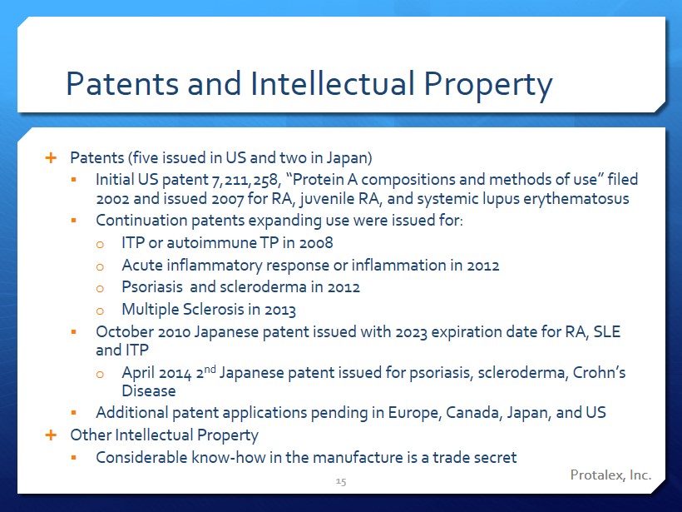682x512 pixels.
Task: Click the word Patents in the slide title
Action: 122,83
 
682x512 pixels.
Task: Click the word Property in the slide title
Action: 488,86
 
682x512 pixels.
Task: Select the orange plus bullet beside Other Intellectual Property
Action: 51,435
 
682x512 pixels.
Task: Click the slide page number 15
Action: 341,481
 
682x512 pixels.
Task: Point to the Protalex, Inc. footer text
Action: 610,475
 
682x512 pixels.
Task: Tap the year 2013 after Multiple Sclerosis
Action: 280,310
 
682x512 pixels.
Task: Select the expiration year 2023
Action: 411,332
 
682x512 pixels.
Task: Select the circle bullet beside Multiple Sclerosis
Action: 100,311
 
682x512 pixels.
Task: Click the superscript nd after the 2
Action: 210,370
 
